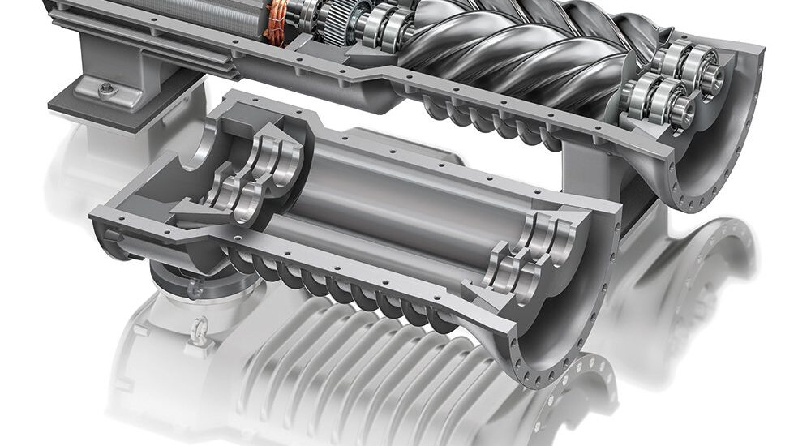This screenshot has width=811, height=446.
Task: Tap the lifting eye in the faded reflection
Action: pos(199,332)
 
